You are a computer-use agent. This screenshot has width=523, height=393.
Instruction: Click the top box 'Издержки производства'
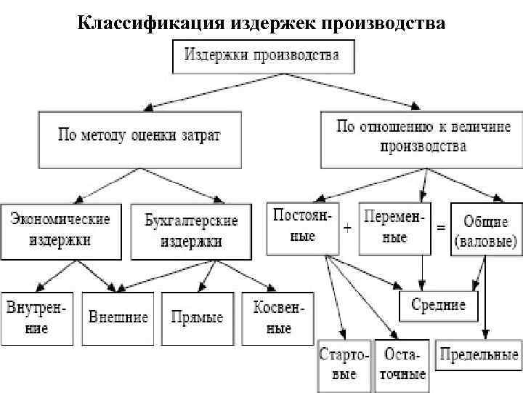264,55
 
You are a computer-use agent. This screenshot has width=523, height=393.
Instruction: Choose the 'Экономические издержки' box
61,230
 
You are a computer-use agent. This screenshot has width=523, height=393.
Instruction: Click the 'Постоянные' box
302,227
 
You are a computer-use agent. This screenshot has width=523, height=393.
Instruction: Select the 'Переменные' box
394,227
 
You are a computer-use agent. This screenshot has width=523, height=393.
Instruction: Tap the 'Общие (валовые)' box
485,230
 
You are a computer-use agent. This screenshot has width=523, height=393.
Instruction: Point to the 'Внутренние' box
37,318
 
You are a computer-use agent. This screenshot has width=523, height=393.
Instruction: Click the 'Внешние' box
118,318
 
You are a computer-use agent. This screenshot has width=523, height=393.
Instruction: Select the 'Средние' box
438,304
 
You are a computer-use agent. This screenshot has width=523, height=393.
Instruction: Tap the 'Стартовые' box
344,365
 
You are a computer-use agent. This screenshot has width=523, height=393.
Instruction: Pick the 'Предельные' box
479,356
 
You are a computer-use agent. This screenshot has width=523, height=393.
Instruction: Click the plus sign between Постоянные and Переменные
348,228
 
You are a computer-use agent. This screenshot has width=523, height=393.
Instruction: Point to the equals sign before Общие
440,228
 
